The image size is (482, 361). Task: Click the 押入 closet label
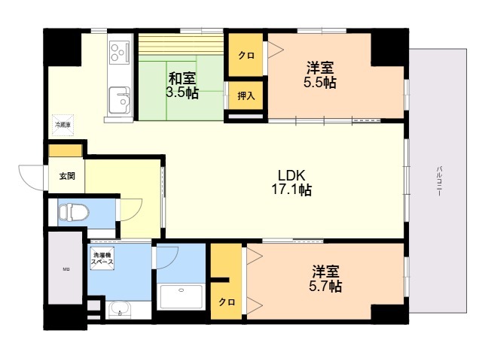tap(246, 96)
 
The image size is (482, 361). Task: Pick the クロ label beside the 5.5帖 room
tap(246, 55)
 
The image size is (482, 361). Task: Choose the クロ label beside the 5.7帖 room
tap(227, 302)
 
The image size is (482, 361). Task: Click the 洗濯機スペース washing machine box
tap(102, 258)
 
